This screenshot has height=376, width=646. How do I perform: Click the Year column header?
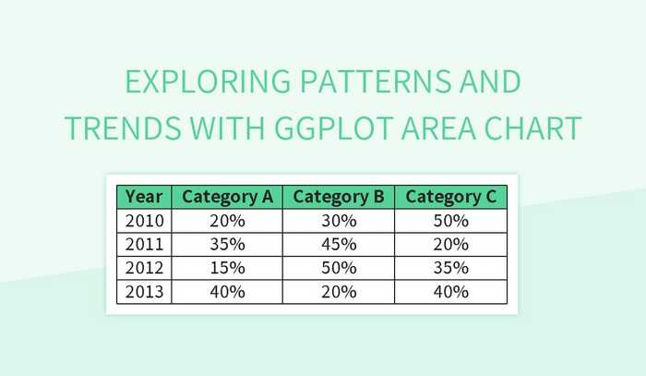[144, 197]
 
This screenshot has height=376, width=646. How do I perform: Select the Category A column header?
[227, 197]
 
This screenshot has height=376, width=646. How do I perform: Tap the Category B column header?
[339, 197]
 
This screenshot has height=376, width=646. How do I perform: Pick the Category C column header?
[451, 197]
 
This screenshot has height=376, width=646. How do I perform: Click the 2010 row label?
[144, 221]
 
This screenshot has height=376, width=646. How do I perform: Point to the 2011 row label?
[144, 245]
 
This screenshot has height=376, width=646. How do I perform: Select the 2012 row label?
[144, 268]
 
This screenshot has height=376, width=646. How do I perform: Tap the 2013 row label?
[144, 292]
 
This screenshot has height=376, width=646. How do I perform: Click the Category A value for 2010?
[227, 221]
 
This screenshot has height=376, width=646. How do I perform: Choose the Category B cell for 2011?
[339, 245]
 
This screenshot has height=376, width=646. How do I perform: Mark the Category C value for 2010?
[451, 221]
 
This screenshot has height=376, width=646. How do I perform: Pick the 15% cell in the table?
[227, 268]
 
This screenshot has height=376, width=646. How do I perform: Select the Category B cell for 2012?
[339, 268]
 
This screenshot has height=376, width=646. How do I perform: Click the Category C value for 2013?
[451, 292]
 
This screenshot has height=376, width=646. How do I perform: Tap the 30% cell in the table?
[339, 221]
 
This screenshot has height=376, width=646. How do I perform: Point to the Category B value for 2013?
[339, 292]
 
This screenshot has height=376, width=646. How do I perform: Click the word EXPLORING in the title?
[203, 83]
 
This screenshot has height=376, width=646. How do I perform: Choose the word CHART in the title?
[536, 128]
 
